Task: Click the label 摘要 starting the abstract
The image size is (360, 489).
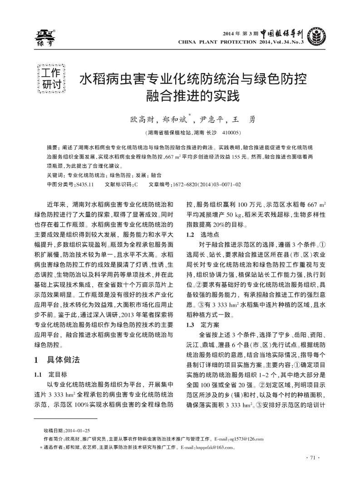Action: tap(53, 148)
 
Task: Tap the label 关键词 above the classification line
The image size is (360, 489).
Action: tap(55, 175)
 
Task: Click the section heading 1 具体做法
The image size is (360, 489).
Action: tap(57, 360)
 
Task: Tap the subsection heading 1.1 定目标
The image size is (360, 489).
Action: tap(51, 375)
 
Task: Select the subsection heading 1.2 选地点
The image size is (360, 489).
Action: tap(203, 235)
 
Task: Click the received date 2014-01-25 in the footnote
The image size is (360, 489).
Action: tap(78, 430)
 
